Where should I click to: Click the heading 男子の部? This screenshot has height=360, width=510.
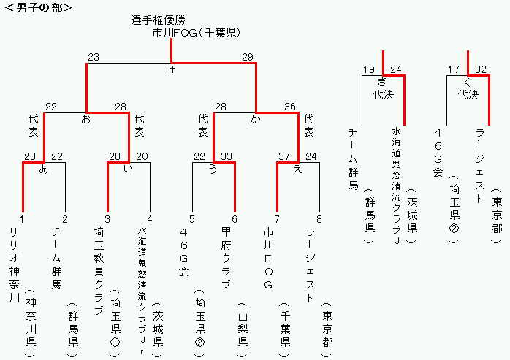tap(39, 7)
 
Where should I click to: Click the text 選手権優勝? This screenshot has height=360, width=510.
tap(159, 20)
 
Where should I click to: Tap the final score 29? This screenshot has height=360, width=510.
tap(248, 57)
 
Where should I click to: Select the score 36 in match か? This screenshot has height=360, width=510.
tap(290, 107)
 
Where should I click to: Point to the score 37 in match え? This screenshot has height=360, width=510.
tap(284, 156)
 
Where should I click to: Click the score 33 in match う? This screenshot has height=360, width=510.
tap(227, 156)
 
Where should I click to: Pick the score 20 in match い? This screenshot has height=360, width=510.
tap(142, 156)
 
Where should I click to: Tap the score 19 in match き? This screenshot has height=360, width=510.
tap(369, 69)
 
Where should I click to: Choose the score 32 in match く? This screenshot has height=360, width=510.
tap(481, 69)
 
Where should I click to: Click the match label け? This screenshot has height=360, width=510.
tap(171, 69)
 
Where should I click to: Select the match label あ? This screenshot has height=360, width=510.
tap(43, 169)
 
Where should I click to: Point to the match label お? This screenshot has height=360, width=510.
tap(86, 119)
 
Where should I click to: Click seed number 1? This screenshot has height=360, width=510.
tap(22, 219)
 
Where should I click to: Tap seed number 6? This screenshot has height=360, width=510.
tap(235, 219)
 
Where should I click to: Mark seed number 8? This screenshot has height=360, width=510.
tap(319, 219)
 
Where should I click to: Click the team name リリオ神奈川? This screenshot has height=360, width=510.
tap(15, 265)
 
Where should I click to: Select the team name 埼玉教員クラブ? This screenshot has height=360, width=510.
tap(99, 271)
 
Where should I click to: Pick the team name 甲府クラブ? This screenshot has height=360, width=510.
tap(226, 258)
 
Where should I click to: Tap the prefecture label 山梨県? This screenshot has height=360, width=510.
tap(243, 329)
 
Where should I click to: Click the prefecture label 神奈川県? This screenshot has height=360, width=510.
tap(31, 323)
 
